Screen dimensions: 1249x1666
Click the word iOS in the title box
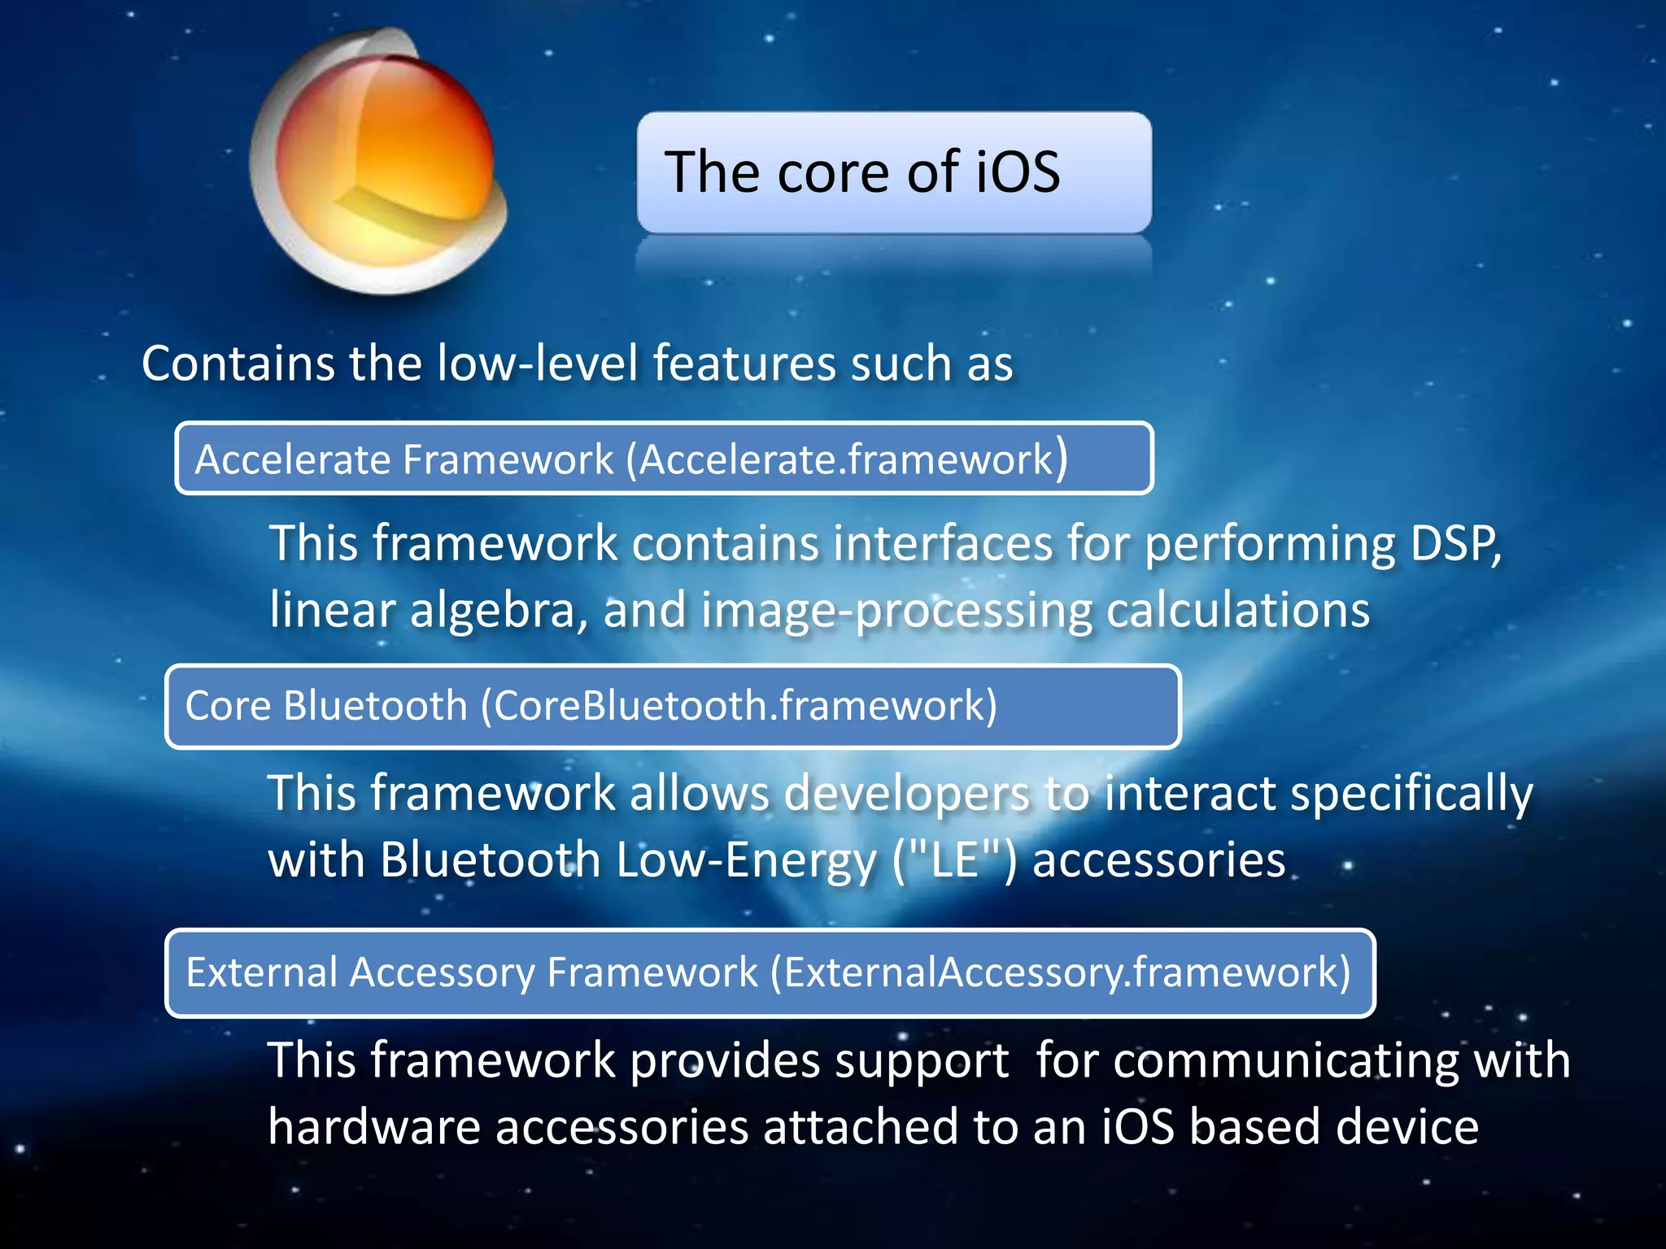pos(1018,172)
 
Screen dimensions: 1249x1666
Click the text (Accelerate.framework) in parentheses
pos(846,459)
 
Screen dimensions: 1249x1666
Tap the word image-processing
pos(896,611)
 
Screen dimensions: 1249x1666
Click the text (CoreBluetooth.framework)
pos(739,705)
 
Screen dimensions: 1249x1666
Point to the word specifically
pos(1411,794)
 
